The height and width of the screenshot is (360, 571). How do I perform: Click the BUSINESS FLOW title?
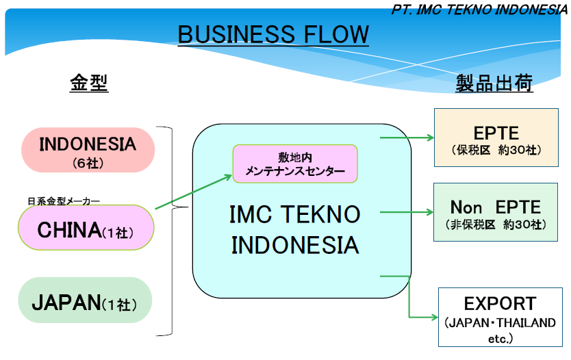[x=273, y=34]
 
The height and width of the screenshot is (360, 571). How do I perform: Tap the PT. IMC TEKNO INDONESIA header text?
[x=481, y=10]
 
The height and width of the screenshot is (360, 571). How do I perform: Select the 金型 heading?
[x=89, y=83]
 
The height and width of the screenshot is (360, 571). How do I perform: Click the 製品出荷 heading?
[x=494, y=83]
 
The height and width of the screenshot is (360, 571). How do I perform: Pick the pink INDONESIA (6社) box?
[x=88, y=150]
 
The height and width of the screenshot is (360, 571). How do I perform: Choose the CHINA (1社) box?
[x=86, y=228]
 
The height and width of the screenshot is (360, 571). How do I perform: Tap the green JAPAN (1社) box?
[x=84, y=300]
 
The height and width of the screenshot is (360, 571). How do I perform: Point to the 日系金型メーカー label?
[x=64, y=201]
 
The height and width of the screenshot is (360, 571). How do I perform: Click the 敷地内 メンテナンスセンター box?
[x=295, y=164]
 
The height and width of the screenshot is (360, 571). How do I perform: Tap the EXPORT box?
[x=500, y=317]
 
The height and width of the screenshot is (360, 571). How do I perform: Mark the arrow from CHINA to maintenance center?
[x=194, y=192]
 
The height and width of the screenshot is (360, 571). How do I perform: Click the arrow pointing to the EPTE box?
[x=407, y=137]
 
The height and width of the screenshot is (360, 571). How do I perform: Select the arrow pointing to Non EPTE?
[x=407, y=211]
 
